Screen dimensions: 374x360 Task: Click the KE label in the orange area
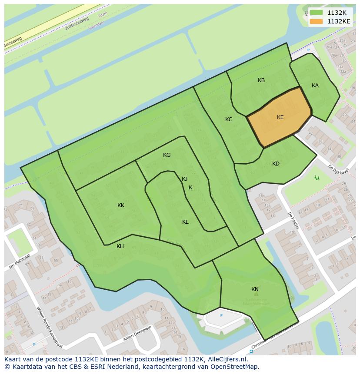[280, 117]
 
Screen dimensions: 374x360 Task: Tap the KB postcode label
[261, 80]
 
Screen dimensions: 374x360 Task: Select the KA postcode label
[315, 86]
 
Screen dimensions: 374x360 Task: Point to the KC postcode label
[229, 119]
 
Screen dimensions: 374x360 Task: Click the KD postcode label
[276, 164]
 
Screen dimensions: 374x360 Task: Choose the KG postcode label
[167, 155]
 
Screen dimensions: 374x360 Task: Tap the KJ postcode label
[185, 179]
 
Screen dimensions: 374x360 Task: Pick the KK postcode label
[121, 205]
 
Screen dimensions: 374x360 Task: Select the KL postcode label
[185, 222]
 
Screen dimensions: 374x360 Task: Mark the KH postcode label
[120, 246]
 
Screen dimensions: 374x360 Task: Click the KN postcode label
[255, 289]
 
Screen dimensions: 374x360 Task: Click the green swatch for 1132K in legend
[317, 13]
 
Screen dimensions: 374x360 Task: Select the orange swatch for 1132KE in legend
[317, 21]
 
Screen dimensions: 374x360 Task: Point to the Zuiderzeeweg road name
[77, 26]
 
